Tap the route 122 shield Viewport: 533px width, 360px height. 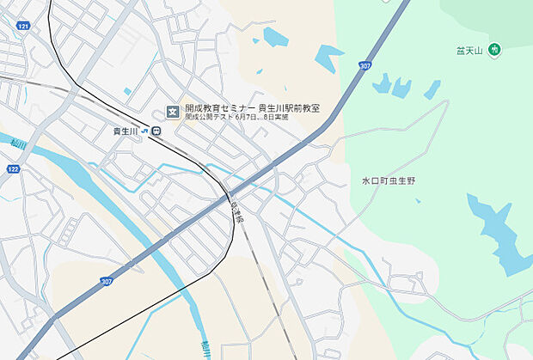pyautogui.click(x=13, y=170)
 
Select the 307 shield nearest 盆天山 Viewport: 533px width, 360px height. pyautogui.click(x=365, y=65)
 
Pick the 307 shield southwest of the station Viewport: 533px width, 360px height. pyautogui.click(x=106, y=281)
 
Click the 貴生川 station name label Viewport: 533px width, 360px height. pyautogui.click(x=126, y=131)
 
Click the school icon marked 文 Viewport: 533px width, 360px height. pyautogui.click(x=171, y=110)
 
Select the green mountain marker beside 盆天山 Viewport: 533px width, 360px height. pyautogui.click(x=495, y=51)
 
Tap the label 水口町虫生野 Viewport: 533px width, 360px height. pyautogui.click(x=389, y=180)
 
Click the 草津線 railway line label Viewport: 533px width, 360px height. pyautogui.click(x=238, y=211)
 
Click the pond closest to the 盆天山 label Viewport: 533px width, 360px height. pyautogui.click(x=432, y=89)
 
